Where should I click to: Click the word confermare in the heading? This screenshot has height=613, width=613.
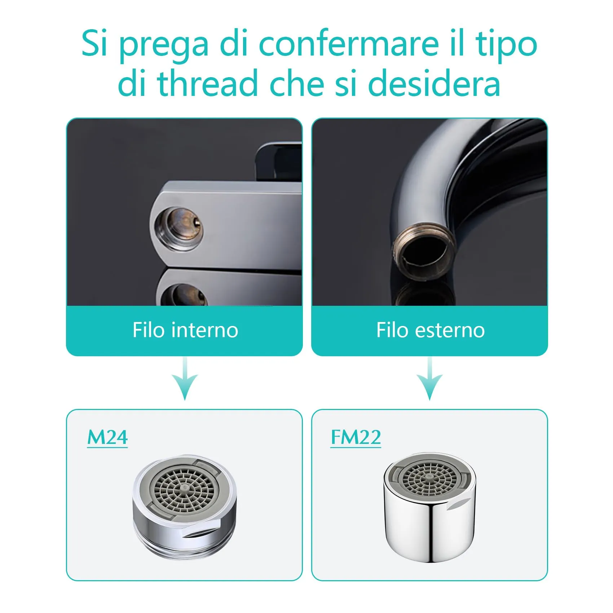pos(349,44)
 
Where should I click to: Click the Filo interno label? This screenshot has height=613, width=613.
pos(185,330)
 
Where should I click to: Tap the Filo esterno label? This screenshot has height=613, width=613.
pos(431,330)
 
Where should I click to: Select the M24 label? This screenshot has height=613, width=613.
pos(107,437)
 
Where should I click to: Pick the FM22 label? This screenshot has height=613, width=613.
pos(356,437)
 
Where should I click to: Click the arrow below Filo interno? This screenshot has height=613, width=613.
pos(185,379)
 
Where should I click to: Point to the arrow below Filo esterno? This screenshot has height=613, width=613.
pos(430,379)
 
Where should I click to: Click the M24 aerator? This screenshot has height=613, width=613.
pos(185,506)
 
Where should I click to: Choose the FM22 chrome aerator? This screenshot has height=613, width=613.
pos(430,507)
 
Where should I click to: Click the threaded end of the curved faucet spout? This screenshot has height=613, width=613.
pos(423,251)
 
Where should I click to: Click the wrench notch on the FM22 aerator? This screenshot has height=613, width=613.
pos(459,503)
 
